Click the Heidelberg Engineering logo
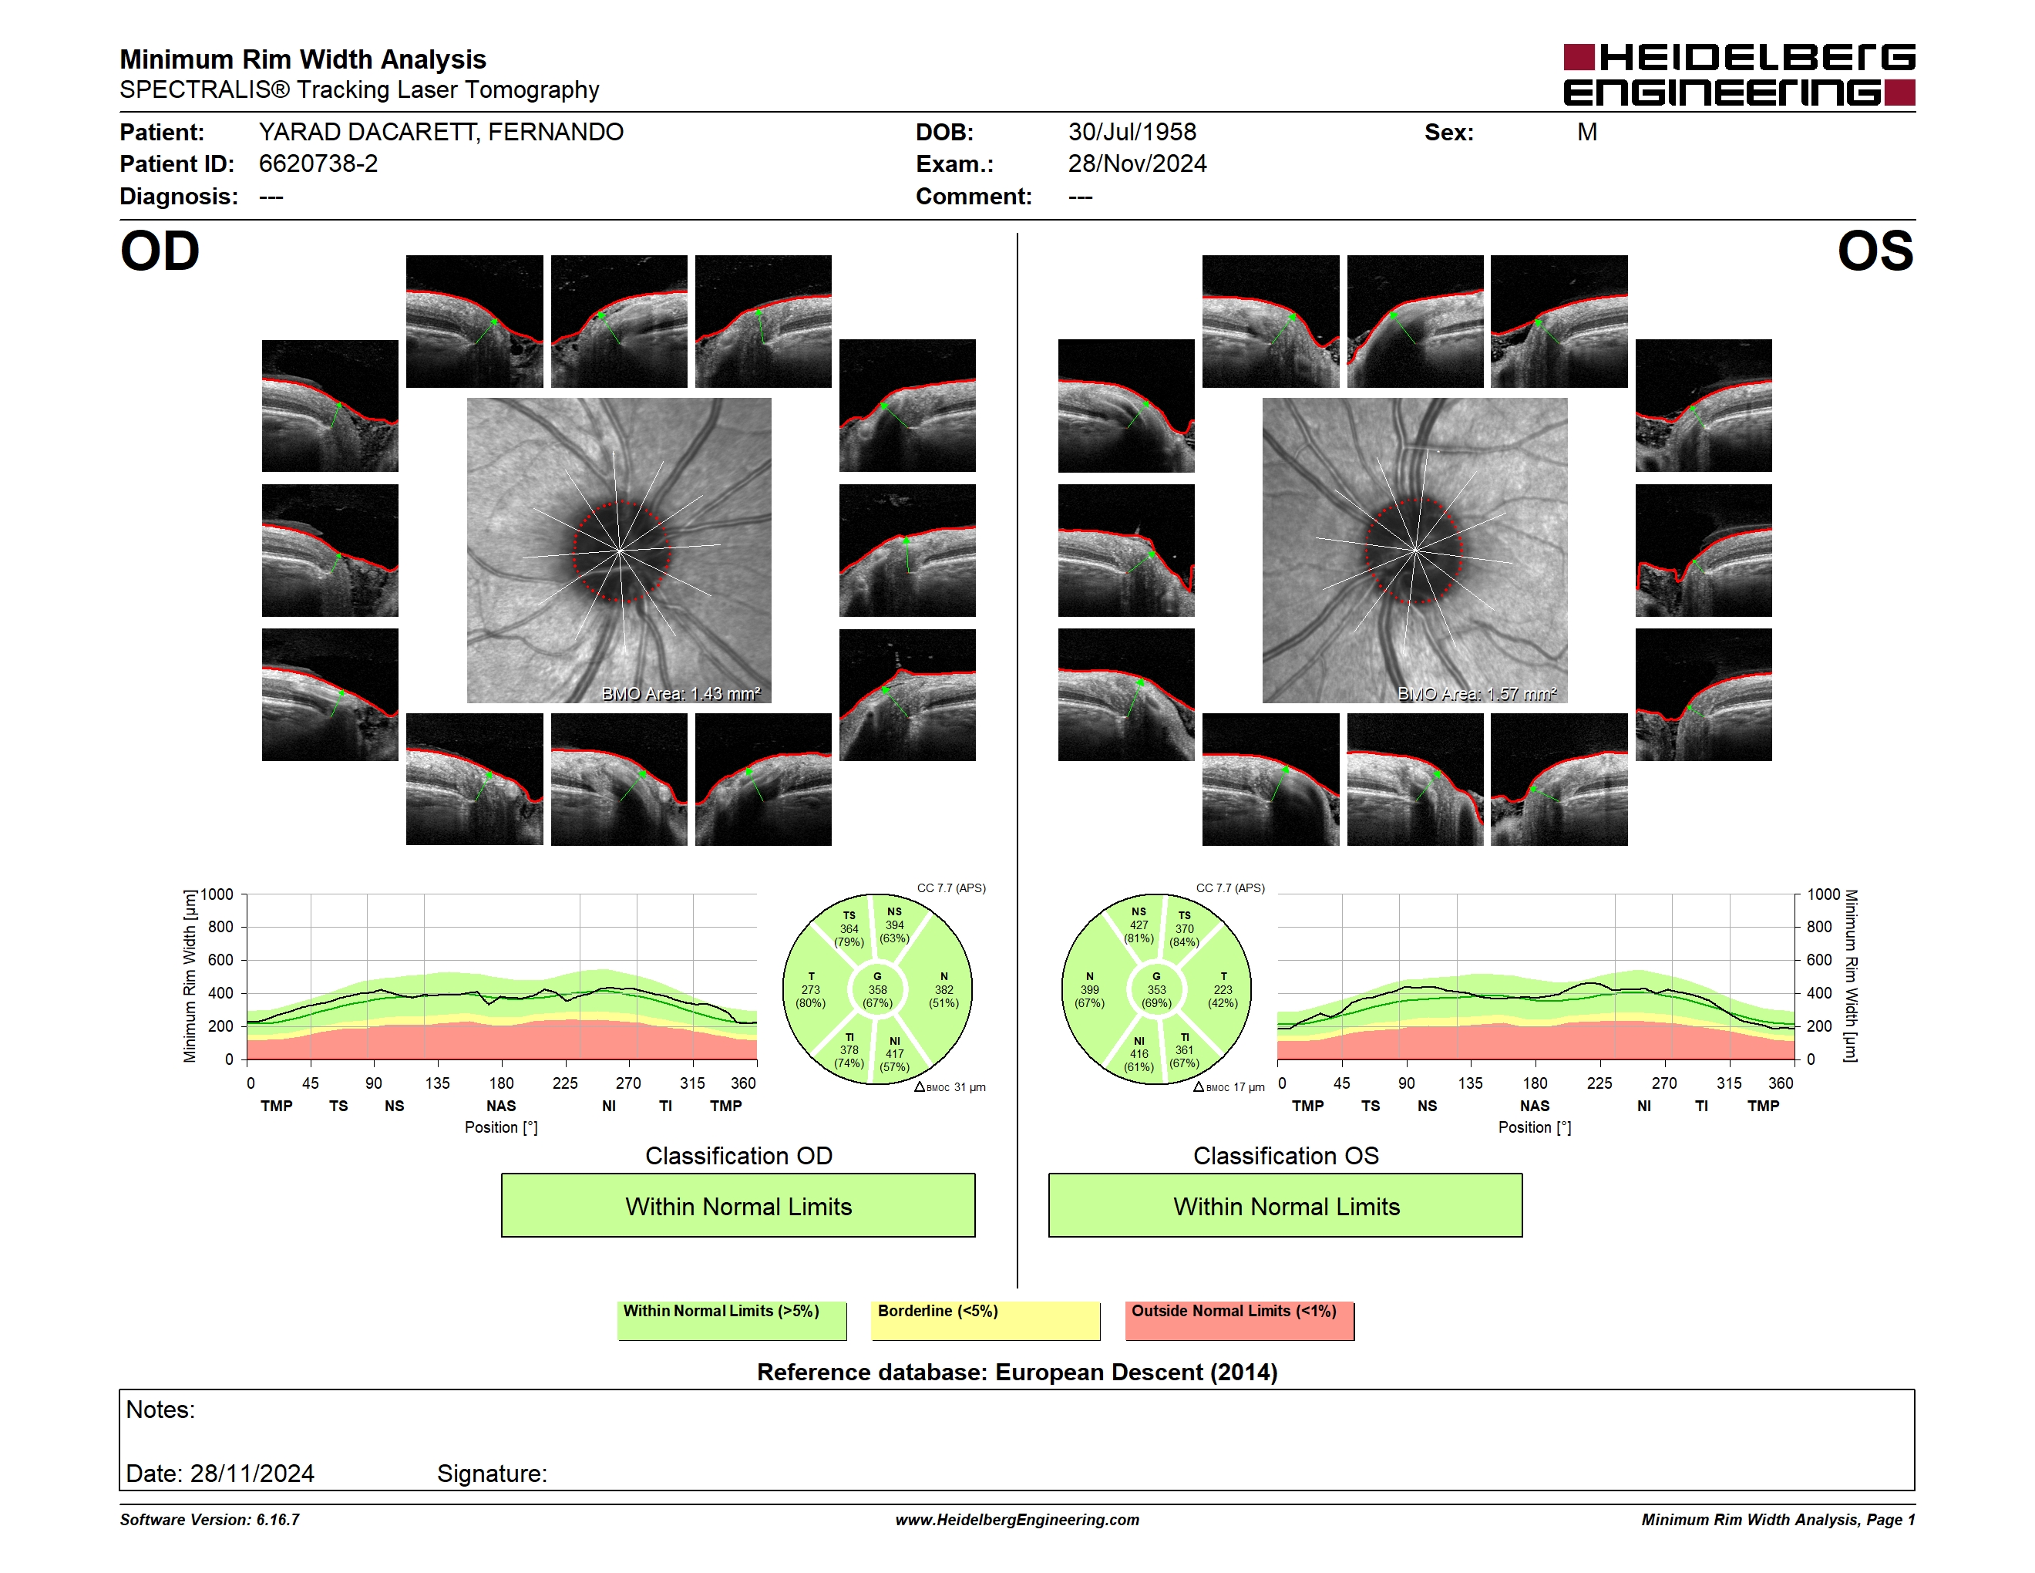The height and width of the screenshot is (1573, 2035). [x=1739, y=75]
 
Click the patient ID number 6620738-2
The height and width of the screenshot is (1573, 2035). [x=318, y=164]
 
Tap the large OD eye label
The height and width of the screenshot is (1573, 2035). [x=160, y=251]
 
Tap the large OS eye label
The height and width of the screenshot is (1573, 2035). [x=1875, y=251]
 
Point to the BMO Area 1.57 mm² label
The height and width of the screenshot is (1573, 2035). [x=1477, y=693]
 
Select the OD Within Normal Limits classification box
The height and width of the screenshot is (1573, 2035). [x=738, y=1205]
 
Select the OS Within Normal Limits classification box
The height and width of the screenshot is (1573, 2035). [x=1286, y=1205]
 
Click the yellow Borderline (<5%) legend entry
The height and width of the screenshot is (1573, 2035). [x=986, y=1320]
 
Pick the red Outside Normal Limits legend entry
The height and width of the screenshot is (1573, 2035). [x=1239, y=1320]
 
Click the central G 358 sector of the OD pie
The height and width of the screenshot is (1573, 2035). [x=876, y=989]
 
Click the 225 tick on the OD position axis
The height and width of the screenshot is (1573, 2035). [x=565, y=1083]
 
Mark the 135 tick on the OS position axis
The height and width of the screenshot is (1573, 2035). [x=1470, y=1083]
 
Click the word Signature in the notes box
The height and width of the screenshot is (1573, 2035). [x=492, y=1474]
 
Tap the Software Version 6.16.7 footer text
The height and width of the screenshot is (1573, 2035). [x=210, y=1520]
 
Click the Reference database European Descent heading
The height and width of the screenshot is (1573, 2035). [x=1017, y=1372]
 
